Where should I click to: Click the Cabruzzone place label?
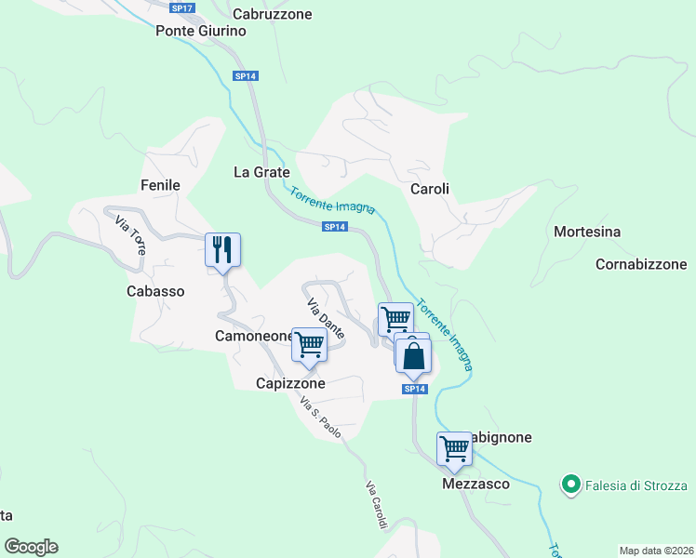click(272, 14)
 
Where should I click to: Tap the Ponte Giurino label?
click(201, 31)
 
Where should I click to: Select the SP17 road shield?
click(182, 7)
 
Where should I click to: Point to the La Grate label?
click(261, 172)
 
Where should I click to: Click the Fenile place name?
click(159, 185)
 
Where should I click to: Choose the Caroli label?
click(430, 189)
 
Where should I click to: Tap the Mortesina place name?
click(586, 232)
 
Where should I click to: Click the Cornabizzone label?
click(641, 264)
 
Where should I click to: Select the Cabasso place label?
click(155, 291)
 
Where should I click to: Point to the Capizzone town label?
click(291, 383)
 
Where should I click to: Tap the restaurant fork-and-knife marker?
click(222, 249)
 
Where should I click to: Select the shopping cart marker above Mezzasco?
click(455, 448)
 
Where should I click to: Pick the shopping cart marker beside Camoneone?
click(310, 344)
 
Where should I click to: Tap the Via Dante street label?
click(326, 317)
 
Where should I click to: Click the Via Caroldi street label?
click(376, 506)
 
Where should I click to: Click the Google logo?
click(31, 547)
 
